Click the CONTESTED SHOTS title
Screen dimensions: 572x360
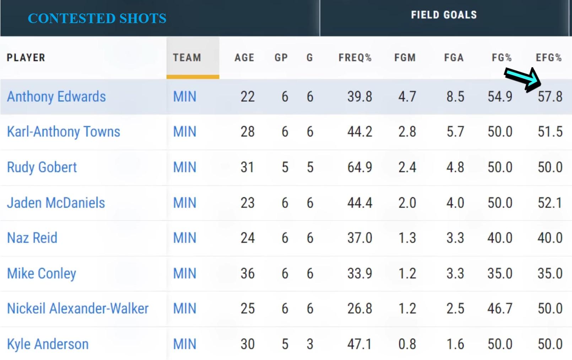[97, 18]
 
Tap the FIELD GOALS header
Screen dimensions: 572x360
[444, 15]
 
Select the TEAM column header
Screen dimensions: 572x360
[187, 58]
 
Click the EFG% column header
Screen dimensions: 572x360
[549, 58]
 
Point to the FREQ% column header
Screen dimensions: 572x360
[355, 58]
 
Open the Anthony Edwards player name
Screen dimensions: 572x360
[56, 97]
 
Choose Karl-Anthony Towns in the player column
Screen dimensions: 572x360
[63, 132]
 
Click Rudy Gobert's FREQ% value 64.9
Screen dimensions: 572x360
[360, 167]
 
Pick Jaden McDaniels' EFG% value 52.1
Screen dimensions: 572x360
[550, 203]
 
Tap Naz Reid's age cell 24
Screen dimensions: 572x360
[247, 238]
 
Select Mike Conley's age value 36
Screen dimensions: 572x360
[247, 273]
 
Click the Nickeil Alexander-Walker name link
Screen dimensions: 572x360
[77, 308]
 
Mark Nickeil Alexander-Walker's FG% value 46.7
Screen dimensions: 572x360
[500, 308]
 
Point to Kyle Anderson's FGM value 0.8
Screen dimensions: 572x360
[407, 344]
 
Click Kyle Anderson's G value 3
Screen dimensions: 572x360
[310, 344]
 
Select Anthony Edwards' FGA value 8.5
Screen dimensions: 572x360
[455, 97]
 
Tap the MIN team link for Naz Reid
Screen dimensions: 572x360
[185, 238]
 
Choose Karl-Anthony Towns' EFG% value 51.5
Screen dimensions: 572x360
[550, 132]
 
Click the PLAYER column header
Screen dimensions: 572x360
[26, 58]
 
